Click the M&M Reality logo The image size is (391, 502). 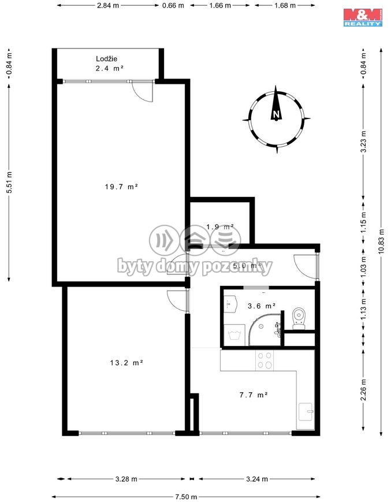363,17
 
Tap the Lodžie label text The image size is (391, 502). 106,59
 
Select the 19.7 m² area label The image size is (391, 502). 121,187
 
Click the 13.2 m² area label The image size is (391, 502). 126,363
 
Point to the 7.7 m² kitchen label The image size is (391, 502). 254,395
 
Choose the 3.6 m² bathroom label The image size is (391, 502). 262,306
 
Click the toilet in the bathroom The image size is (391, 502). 299,318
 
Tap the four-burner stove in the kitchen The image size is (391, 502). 265,360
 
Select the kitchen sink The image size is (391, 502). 306,412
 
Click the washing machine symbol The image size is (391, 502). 234,335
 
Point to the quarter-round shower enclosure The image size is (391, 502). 265,330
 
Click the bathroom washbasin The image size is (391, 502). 230,304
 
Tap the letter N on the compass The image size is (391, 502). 276,114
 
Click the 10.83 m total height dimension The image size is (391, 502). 381,241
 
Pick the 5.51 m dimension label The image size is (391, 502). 9,182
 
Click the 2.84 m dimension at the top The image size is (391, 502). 108,5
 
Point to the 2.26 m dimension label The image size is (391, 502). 363,389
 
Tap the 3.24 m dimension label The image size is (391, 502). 257,479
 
